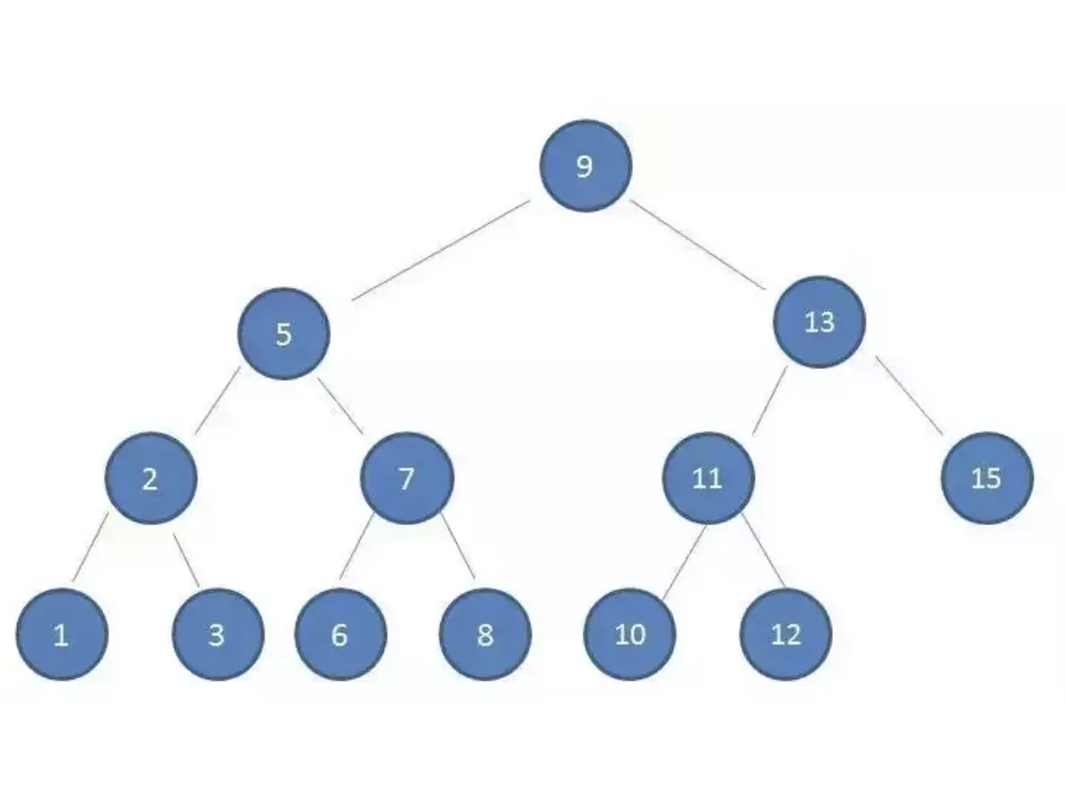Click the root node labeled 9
tap(585, 166)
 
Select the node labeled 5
tap(283, 334)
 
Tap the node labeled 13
tap(819, 322)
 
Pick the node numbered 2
tap(150, 478)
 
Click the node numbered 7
tap(407, 478)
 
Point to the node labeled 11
tap(708, 478)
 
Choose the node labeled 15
tap(986, 478)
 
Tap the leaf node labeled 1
tap(61, 634)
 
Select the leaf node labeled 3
tap(217, 634)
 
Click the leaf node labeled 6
tap(340, 634)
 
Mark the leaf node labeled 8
tap(485, 634)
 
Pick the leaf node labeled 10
tap(630, 634)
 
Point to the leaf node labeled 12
tap(785, 634)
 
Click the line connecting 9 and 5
tap(440, 251)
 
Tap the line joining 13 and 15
tap(910, 397)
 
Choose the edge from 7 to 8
tap(457, 545)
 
